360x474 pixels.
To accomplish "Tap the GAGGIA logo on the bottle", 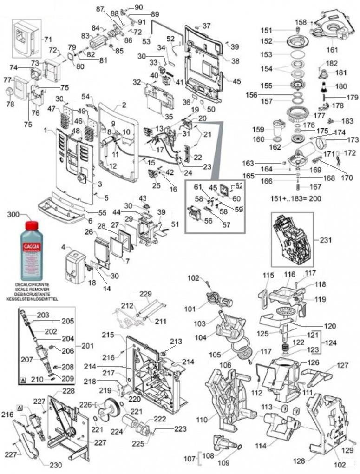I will click(31, 244).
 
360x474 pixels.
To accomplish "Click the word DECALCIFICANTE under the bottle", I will click(32, 283).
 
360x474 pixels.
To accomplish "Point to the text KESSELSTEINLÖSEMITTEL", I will click(32, 298).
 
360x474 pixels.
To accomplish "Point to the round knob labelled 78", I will click(9, 92).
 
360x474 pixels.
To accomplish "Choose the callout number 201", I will click(86, 346).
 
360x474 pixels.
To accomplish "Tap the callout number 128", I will click(299, 461).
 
